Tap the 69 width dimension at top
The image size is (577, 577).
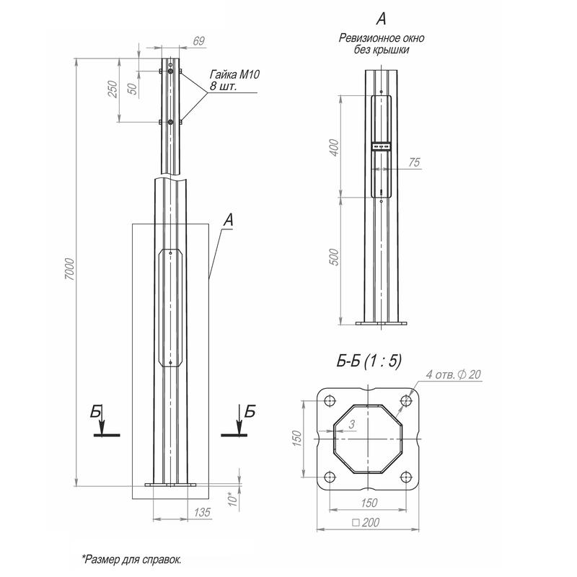[198, 42]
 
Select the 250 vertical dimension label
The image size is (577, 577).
[112, 89]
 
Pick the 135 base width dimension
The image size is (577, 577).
[203, 512]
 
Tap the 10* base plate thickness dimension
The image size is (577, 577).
[231, 498]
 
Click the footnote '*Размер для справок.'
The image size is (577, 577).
[131, 559]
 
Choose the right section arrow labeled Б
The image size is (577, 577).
[241, 422]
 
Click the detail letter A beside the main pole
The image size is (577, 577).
[229, 220]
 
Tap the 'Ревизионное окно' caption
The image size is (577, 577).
[381, 39]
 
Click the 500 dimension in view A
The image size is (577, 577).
[333, 257]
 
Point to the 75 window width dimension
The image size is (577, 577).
[413, 163]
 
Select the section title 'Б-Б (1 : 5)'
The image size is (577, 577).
[369, 362]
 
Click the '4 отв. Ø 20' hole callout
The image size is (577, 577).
[454, 374]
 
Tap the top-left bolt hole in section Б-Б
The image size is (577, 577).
[329, 402]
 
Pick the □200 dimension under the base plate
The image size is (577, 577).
[368, 522]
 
